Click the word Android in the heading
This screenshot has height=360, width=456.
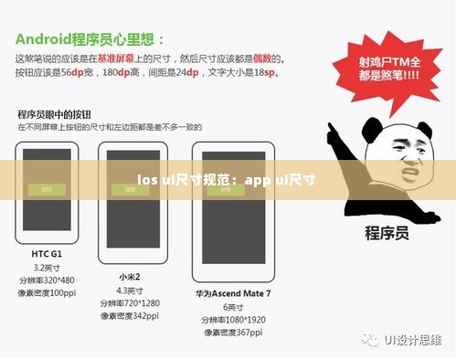[x=48, y=39]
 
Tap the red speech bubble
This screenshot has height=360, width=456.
[x=377, y=70]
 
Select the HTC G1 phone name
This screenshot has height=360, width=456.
[x=46, y=253]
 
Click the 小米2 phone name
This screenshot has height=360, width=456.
[x=130, y=275]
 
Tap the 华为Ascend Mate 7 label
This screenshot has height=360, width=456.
[x=233, y=293]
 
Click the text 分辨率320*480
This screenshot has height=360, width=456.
[x=47, y=280]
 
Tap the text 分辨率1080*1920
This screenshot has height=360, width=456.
[x=233, y=320]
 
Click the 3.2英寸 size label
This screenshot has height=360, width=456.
[x=46, y=267]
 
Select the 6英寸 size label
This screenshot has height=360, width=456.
[x=232, y=307]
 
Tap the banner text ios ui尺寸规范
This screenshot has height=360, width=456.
[x=187, y=180]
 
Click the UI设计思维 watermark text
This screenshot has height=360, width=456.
[x=412, y=339]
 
